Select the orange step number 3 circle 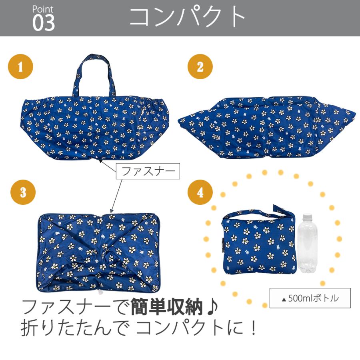click(23, 192)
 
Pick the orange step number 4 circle click(200, 192)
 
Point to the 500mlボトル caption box click(310, 298)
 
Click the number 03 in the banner click(44, 24)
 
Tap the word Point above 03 click(43, 9)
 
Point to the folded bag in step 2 click(266, 126)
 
